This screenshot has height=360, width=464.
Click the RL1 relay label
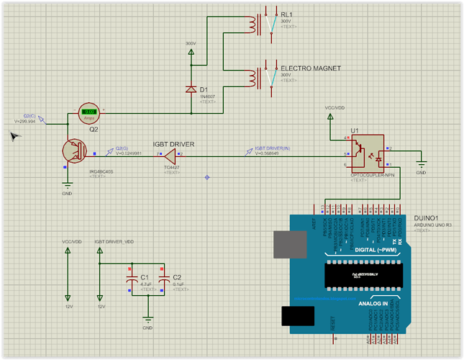click(286, 14)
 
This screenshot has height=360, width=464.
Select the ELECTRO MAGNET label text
click(310, 68)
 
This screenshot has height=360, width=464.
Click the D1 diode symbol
click(191, 89)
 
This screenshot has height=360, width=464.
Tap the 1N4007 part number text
click(207, 96)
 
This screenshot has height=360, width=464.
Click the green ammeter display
click(88, 111)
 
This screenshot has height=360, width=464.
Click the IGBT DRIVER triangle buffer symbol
click(170, 154)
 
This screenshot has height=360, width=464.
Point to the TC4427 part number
click(172, 167)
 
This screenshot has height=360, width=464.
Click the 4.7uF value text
click(146, 284)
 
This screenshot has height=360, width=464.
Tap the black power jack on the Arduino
click(298, 315)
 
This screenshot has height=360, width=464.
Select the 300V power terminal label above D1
click(191, 44)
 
